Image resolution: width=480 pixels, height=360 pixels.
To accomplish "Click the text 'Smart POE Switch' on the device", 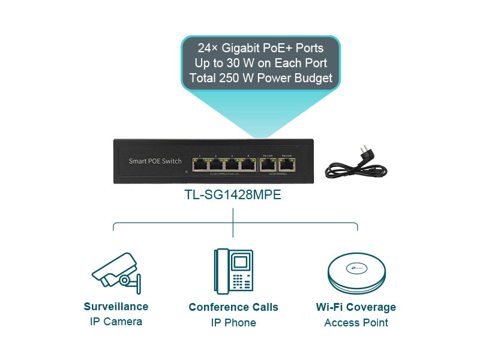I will click(155, 161).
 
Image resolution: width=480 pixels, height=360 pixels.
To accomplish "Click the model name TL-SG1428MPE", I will click(233, 195).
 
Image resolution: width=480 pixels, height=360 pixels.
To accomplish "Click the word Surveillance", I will click(116, 307).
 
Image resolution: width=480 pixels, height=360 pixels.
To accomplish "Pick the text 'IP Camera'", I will click(116, 322).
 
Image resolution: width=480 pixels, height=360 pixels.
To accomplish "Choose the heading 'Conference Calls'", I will click(233, 307).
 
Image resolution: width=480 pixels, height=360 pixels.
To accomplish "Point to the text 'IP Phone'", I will click(233, 323).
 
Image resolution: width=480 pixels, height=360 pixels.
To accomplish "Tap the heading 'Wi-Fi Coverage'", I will click(356, 307).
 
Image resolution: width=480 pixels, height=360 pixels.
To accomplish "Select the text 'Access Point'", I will click(356, 323).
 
